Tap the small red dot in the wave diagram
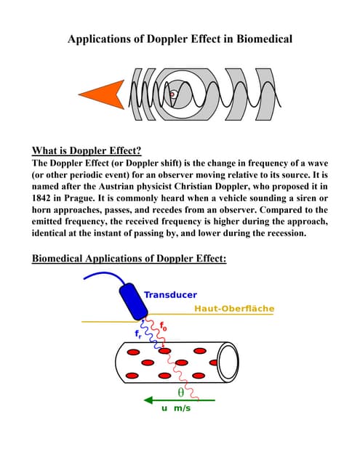[x=172, y=94]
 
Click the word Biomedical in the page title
[x=261, y=39]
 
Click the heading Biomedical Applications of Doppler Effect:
[x=129, y=258]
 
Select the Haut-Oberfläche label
[x=234, y=309]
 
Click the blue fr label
[x=139, y=333]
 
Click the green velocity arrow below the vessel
[x=178, y=400]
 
